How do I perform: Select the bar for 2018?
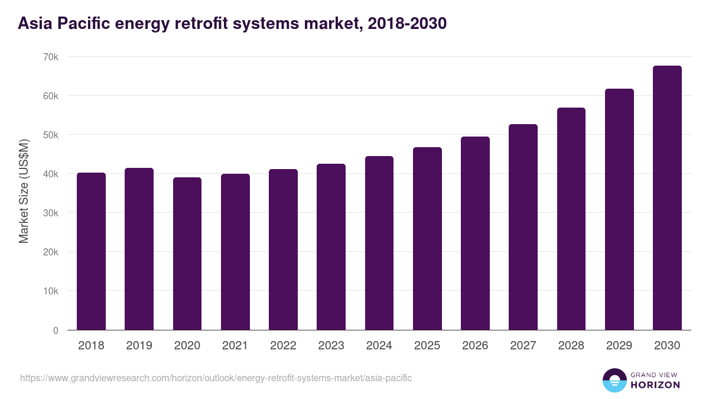(x=91, y=251)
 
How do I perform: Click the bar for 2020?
(x=187, y=254)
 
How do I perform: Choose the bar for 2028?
(x=571, y=219)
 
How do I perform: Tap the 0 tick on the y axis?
(x=56, y=330)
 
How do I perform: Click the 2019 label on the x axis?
(x=139, y=346)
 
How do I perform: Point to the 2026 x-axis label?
(x=475, y=346)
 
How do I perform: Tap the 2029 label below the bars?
(x=619, y=346)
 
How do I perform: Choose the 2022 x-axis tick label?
(x=283, y=346)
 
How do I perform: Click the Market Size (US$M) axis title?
(x=24, y=192)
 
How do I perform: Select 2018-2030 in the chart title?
(x=406, y=24)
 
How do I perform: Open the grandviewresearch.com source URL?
(x=216, y=378)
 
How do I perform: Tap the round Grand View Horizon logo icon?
(x=614, y=380)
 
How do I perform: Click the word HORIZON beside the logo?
(x=655, y=385)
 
